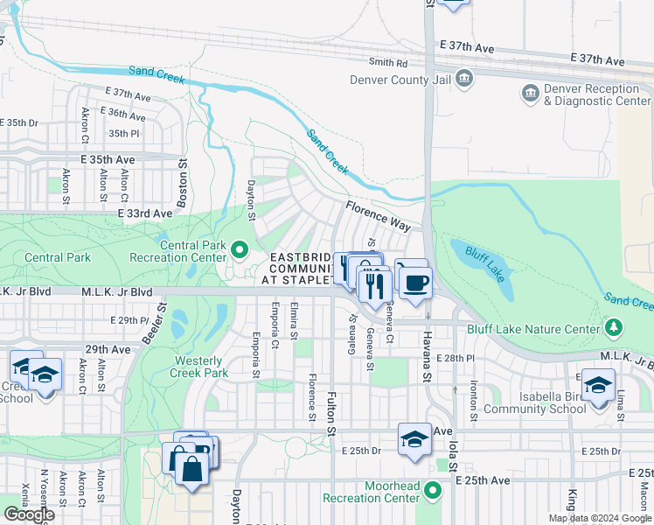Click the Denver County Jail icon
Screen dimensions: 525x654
click(x=464, y=79)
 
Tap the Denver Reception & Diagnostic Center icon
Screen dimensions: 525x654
click(x=529, y=94)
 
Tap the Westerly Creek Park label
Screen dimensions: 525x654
click(x=201, y=367)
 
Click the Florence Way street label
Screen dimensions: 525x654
click(x=377, y=216)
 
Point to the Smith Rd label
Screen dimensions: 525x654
click(x=388, y=63)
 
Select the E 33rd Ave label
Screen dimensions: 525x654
click(x=144, y=213)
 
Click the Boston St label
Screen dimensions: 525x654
click(x=183, y=181)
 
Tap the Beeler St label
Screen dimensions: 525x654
click(x=163, y=320)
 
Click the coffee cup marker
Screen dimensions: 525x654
click(x=416, y=282)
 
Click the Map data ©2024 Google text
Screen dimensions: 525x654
click(x=600, y=518)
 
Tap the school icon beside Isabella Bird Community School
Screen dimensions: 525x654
click(x=597, y=385)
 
